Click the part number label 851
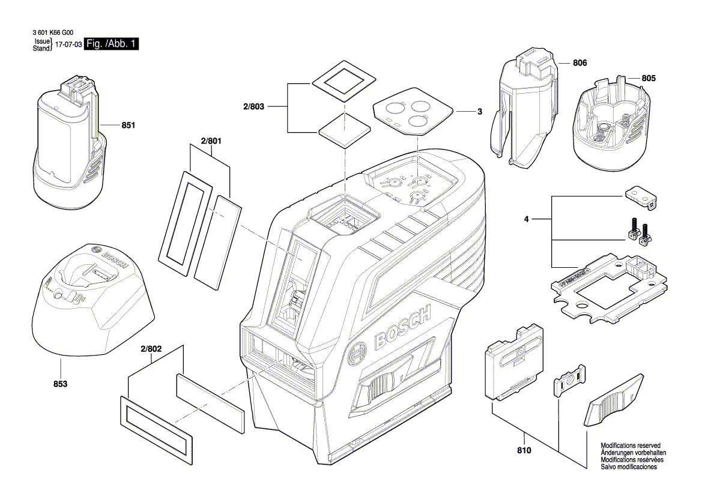(129, 126)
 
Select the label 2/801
(211, 141)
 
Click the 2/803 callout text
(254, 106)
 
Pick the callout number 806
(579, 63)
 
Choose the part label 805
(649, 78)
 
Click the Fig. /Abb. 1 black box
(112, 44)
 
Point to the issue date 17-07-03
(68, 45)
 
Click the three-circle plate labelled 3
(413, 113)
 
